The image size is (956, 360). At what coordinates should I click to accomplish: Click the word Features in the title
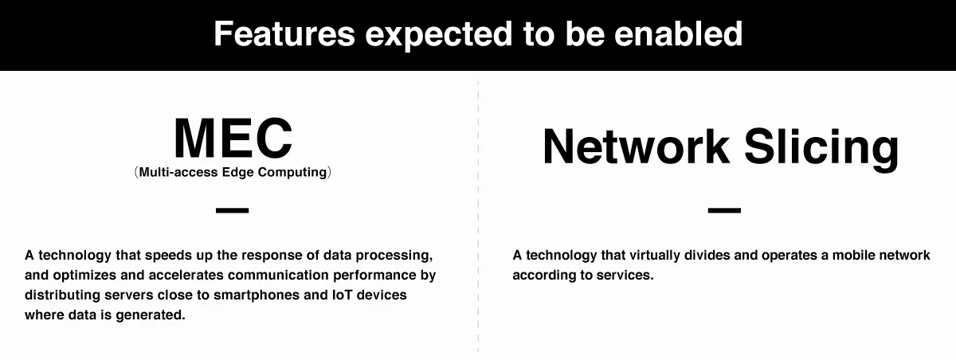(x=284, y=33)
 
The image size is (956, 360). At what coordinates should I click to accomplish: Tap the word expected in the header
(x=439, y=36)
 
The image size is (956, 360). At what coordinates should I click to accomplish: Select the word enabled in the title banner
(x=678, y=33)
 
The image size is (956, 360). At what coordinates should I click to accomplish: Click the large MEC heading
(x=233, y=139)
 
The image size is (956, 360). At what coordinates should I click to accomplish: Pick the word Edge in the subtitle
(x=237, y=172)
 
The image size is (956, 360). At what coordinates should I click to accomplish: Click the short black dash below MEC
(x=232, y=209)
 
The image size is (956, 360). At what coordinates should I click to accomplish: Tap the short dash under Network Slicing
(x=724, y=209)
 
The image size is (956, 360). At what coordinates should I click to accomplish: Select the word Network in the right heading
(x=636, y=146)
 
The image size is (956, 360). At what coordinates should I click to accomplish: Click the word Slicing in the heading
(x=821, y=148)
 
